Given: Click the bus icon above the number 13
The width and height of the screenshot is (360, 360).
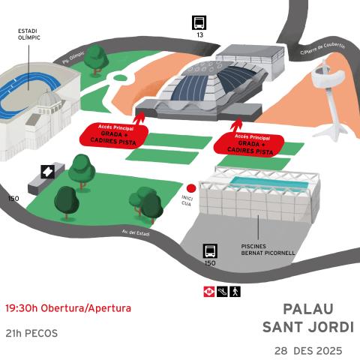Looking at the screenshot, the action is [x=199, y=22].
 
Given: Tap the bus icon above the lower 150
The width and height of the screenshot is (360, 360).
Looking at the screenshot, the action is [x=210, y=250].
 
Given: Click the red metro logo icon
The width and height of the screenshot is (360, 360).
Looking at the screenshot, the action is [x=209, y=290].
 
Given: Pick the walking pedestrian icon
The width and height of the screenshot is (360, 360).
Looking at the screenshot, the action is [x=235, y=290].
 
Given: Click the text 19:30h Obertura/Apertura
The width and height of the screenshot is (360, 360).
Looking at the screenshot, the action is [x=68, y=308].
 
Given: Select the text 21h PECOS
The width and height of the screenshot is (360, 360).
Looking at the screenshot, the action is [x=31, y=333].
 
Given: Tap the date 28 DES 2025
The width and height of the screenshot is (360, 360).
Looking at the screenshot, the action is [x=308, y=350].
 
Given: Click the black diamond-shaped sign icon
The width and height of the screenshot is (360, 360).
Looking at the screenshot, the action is [x=47, y=171].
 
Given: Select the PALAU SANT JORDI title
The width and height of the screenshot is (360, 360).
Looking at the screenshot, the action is [x=308, y=318].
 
